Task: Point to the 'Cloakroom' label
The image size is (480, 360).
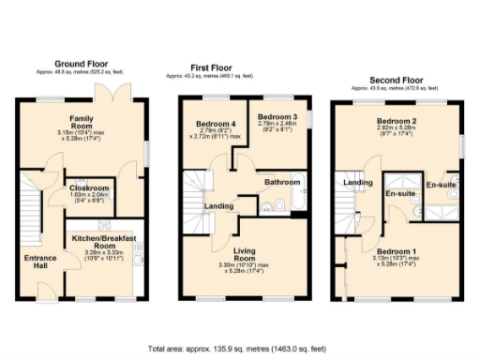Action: [x=90, y=187]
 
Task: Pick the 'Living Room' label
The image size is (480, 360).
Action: [x=243, y=253]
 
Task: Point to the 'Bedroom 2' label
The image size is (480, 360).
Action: [x=396, y=123]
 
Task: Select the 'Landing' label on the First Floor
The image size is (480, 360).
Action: [x=219, y=205]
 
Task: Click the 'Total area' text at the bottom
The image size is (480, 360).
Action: [x=240, y=348]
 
